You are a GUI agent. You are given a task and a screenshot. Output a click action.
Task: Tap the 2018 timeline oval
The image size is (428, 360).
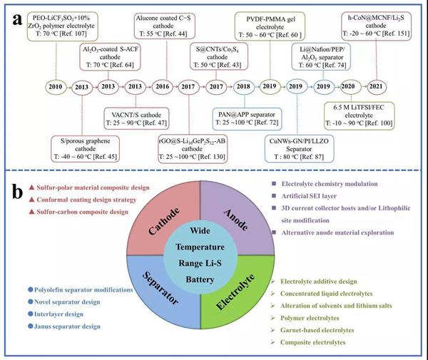[x=244, y=86]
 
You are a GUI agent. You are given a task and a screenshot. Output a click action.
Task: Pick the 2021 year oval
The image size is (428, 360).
[x=376, y=86]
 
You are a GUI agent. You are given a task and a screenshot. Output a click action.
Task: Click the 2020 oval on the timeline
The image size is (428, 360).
[x=348, y=86]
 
